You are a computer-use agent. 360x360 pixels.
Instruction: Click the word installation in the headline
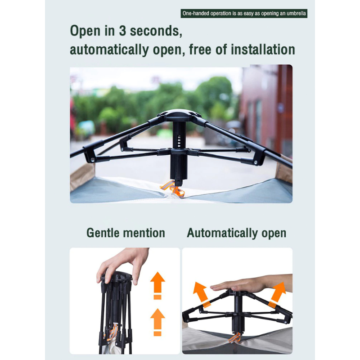pyautogui.click(x=263, y=49)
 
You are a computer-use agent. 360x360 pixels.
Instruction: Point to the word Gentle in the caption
pyautogui.click(x=103, y=233)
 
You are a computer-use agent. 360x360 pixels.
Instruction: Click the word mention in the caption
pyautogui.click(x=144, y=233)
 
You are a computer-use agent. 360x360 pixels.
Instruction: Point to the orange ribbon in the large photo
pyautogui.click(x=173, y=188)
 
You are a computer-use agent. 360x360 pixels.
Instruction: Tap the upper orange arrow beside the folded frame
pyautogui.click(x=157, y=286)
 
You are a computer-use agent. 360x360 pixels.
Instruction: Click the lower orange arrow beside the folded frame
pyautogui.click(x=157, y=322)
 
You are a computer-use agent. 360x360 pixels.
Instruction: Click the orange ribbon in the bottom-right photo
pyautogui.click(x=235, y=338)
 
